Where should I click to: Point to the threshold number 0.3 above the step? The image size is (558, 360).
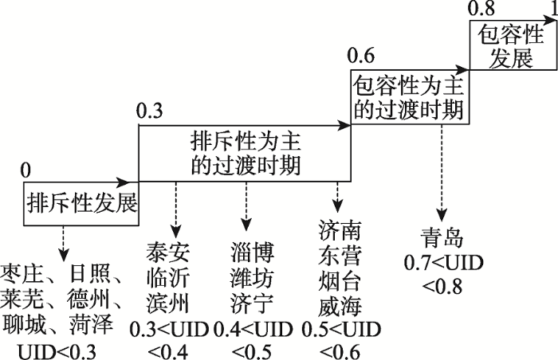(x=150, y=111)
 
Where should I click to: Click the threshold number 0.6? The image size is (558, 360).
(x=361, y=56)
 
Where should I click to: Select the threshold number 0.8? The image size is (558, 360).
(x=481, y=9)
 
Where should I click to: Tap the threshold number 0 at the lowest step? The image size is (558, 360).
(x=26, y=170)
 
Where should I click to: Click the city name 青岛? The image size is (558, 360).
(x=442, y=238)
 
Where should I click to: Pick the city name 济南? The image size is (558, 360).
(x=340, y=230)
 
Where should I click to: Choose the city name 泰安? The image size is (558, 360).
(x=167, y=252)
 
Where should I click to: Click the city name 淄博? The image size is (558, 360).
(x=253, y=252)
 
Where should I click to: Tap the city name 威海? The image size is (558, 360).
(x=340, y=306)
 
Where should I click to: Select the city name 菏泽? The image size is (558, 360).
(x=92, y=324)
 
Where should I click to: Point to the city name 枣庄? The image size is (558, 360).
(x=22, y=274)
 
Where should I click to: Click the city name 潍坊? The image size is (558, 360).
(x=253, y=278)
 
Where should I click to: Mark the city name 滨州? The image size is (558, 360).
(x=167, y=303)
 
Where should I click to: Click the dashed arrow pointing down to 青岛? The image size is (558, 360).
(x=442, y=173)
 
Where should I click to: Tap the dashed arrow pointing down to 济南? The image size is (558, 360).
(x=337, y=198)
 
